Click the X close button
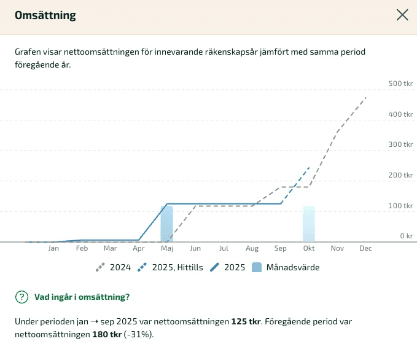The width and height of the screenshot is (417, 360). click(402, 15)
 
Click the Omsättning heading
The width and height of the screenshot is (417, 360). click(45, 15)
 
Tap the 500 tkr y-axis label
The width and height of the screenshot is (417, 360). click(400, 84)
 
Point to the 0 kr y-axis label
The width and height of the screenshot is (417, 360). click(406, 236)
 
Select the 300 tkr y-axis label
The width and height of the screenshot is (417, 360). click(400, 144)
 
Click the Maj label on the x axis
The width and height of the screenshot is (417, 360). click(167, 249)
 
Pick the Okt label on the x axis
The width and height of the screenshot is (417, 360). click(308, 249)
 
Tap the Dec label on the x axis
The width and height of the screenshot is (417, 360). click(365, 249)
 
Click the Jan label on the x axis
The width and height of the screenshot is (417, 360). click(54, 249)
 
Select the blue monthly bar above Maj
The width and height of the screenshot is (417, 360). click(167, 224)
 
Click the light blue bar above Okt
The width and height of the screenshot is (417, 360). click(308, 224)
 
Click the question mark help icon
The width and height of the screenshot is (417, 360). click(21, 297)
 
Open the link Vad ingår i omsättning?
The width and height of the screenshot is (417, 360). click(82, 297)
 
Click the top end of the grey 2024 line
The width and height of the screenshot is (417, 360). click(366, 97)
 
